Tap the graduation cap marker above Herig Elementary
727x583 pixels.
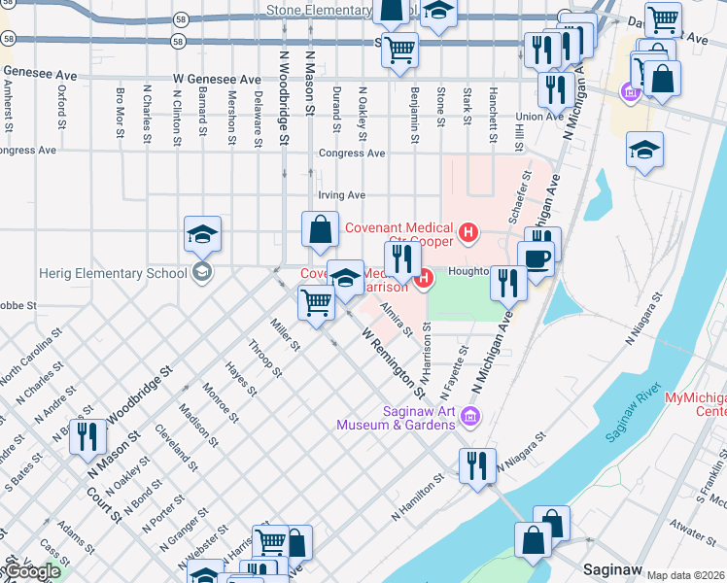tap(202, 235)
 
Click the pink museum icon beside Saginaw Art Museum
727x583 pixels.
tap(472, 417)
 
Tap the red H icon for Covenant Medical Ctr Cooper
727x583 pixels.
tap(469, 231)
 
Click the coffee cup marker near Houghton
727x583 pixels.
tap(535, 259)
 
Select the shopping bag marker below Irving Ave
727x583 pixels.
tap(320, 231)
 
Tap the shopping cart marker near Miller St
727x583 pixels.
tap(316, 304)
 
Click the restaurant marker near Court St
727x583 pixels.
tap(88, 437)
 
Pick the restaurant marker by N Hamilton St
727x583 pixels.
tap(477, 465)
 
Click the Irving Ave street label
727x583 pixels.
tap(342, 194)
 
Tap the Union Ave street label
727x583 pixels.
tap(539, 117)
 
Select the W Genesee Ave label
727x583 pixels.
tap(218, 79)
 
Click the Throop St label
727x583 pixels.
tap(264, 359)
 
